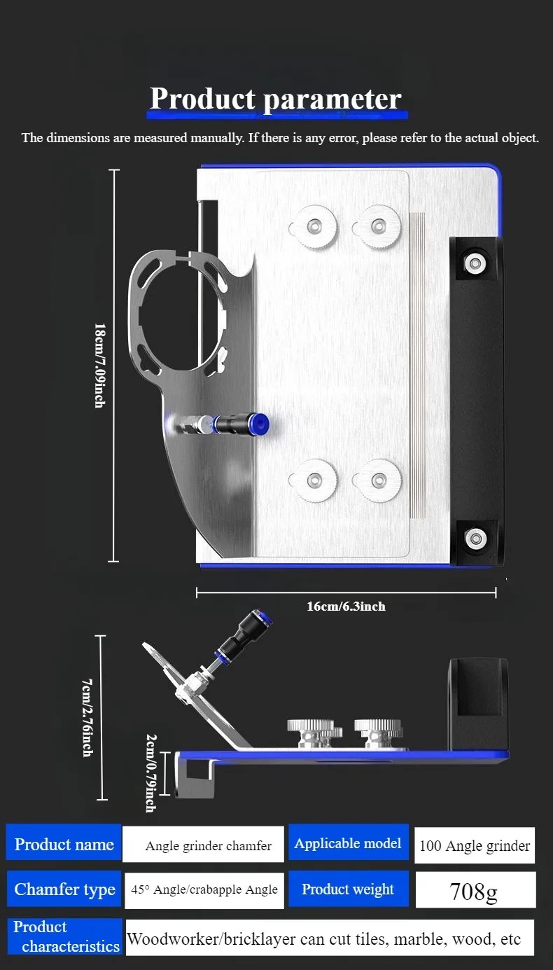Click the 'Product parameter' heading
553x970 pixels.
point(276,99)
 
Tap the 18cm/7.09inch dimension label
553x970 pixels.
point(100,366)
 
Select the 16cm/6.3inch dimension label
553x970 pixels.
point(346,607)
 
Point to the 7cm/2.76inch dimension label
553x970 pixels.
point(87,718)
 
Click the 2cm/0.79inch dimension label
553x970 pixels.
point(150,773)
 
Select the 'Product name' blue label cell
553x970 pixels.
point(64,844)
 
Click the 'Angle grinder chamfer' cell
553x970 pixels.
point(204,845)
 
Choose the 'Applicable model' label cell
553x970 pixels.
point(349,843)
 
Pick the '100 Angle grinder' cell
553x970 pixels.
point(475,845)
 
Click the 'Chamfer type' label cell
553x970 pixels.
point(64,889)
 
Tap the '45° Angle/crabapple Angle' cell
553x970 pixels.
point(204,890)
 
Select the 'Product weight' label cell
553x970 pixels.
point(349,889)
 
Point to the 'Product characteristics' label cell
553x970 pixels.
point(65,936)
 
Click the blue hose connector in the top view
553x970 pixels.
point(260,423)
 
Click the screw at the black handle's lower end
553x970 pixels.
point(475,539)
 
